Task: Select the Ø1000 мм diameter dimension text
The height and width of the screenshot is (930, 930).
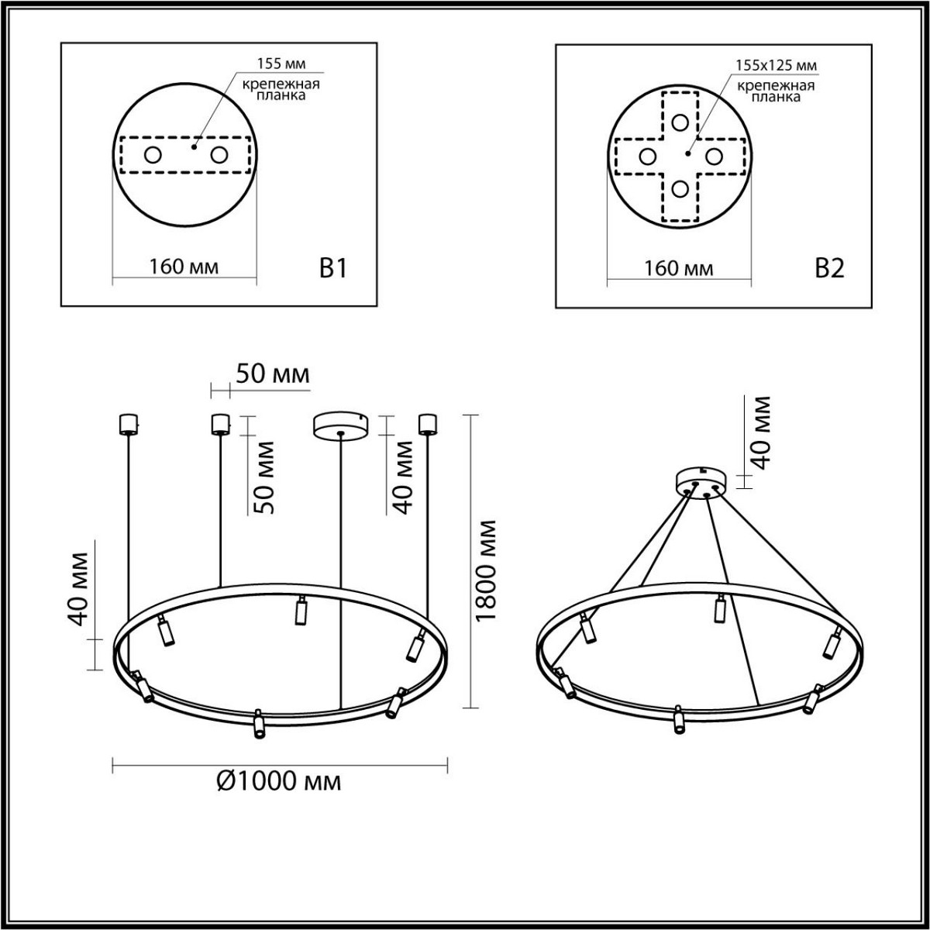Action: click(x=277, y=781)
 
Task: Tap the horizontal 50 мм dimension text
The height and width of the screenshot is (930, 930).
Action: click(x=272, y=374)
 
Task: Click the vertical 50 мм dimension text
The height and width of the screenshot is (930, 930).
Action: click(x=263, y=477)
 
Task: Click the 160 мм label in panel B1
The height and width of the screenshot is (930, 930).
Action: click(x=184, y=267)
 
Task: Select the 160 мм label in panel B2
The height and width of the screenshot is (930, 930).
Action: click(x=679, y=268)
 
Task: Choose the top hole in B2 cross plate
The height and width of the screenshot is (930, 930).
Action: click(x=680, y=122)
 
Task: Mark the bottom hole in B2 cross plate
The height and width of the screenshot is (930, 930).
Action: click(x=680, y=189)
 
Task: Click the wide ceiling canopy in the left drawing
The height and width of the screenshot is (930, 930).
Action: click(x=341, y=425)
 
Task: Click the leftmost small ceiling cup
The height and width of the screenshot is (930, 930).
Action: click(x=126, y=424)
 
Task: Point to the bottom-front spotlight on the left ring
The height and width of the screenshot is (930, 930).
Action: click(x=258, y=723)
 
